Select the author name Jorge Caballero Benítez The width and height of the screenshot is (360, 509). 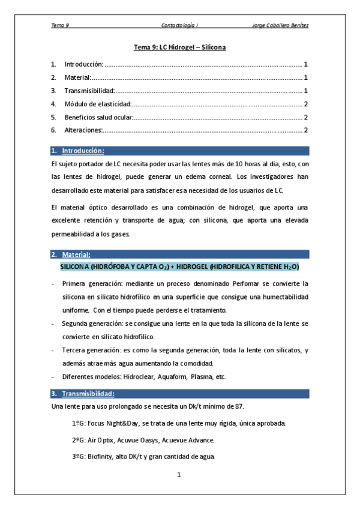(281, 25)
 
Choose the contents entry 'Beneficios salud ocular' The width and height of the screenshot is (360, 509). (99, 117)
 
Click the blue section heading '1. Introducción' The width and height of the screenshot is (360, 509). (82, 151)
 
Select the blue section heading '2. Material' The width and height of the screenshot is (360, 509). (76, 254)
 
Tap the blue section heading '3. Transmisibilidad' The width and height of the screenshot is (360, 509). (88, 394)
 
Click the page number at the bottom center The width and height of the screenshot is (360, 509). (179, 475)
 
